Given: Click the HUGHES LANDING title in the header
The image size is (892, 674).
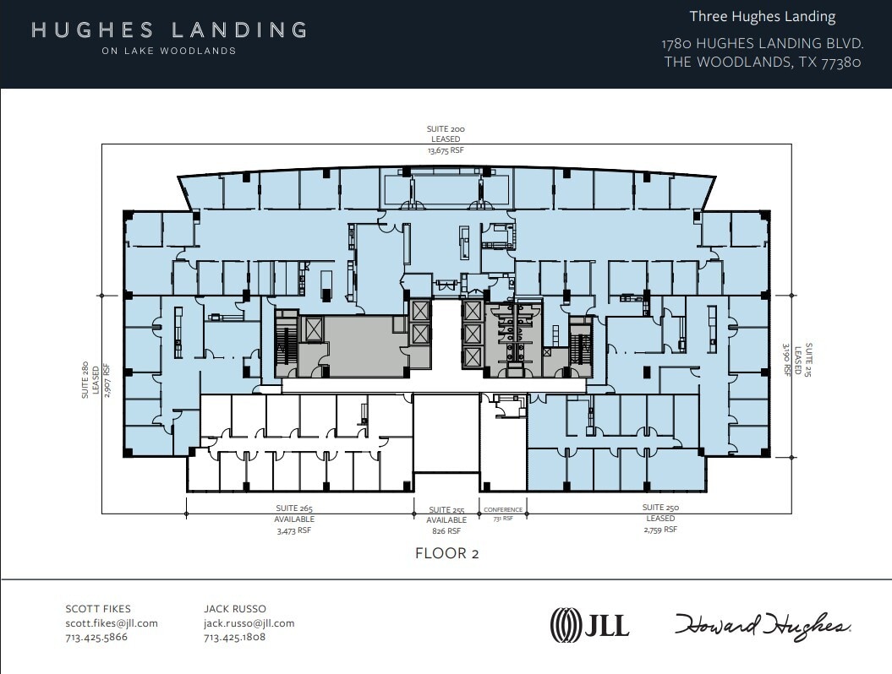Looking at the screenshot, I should (169, 30).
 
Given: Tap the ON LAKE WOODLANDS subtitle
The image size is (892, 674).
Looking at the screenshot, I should (169, 51).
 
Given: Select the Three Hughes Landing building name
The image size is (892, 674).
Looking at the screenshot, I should (762, 17).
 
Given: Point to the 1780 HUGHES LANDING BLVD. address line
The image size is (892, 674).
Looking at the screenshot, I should (762, 43).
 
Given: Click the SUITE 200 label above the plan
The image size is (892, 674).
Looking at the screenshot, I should (445, 129).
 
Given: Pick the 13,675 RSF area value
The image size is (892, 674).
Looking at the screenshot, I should (445, 149).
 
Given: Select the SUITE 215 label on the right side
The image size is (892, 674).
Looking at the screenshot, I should (808, 360).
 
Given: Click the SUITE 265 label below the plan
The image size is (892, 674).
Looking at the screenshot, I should (294, 508).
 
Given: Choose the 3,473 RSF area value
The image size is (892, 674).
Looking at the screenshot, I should (294, 530).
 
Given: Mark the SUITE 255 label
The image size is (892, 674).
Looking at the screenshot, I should (446, 510).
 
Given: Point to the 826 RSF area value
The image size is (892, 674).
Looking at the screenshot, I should (446, 531).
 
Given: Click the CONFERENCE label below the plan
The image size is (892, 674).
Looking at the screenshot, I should (503, 510).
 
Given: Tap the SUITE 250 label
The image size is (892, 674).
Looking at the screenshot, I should (660, 508).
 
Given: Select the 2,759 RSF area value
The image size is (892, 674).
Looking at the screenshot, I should (660, 529).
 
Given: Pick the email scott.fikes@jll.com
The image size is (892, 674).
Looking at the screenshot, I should (112, 623).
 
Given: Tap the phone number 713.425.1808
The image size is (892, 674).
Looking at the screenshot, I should (234, 637).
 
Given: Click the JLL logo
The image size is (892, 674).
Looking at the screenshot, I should (589, 625).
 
